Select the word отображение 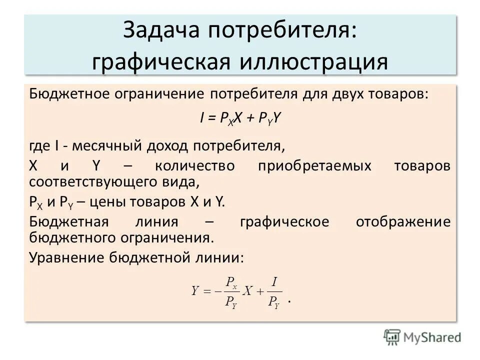tap(403, 221)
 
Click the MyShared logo tap(422, 336)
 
